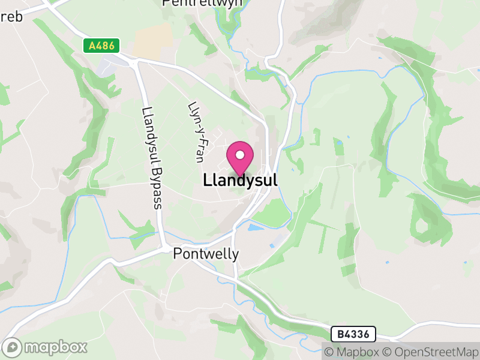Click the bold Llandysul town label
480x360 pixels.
pos(240,179)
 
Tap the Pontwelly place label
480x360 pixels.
pos(206,254)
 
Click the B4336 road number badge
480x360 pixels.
pos(353,333)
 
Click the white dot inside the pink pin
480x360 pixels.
pos(240,155)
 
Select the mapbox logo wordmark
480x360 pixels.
pos(55,347)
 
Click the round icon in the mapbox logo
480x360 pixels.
pos(13,347)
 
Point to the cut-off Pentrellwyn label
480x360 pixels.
pos(202,3)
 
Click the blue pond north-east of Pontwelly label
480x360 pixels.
pos(254,227)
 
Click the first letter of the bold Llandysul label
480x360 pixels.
pos(207,179)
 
